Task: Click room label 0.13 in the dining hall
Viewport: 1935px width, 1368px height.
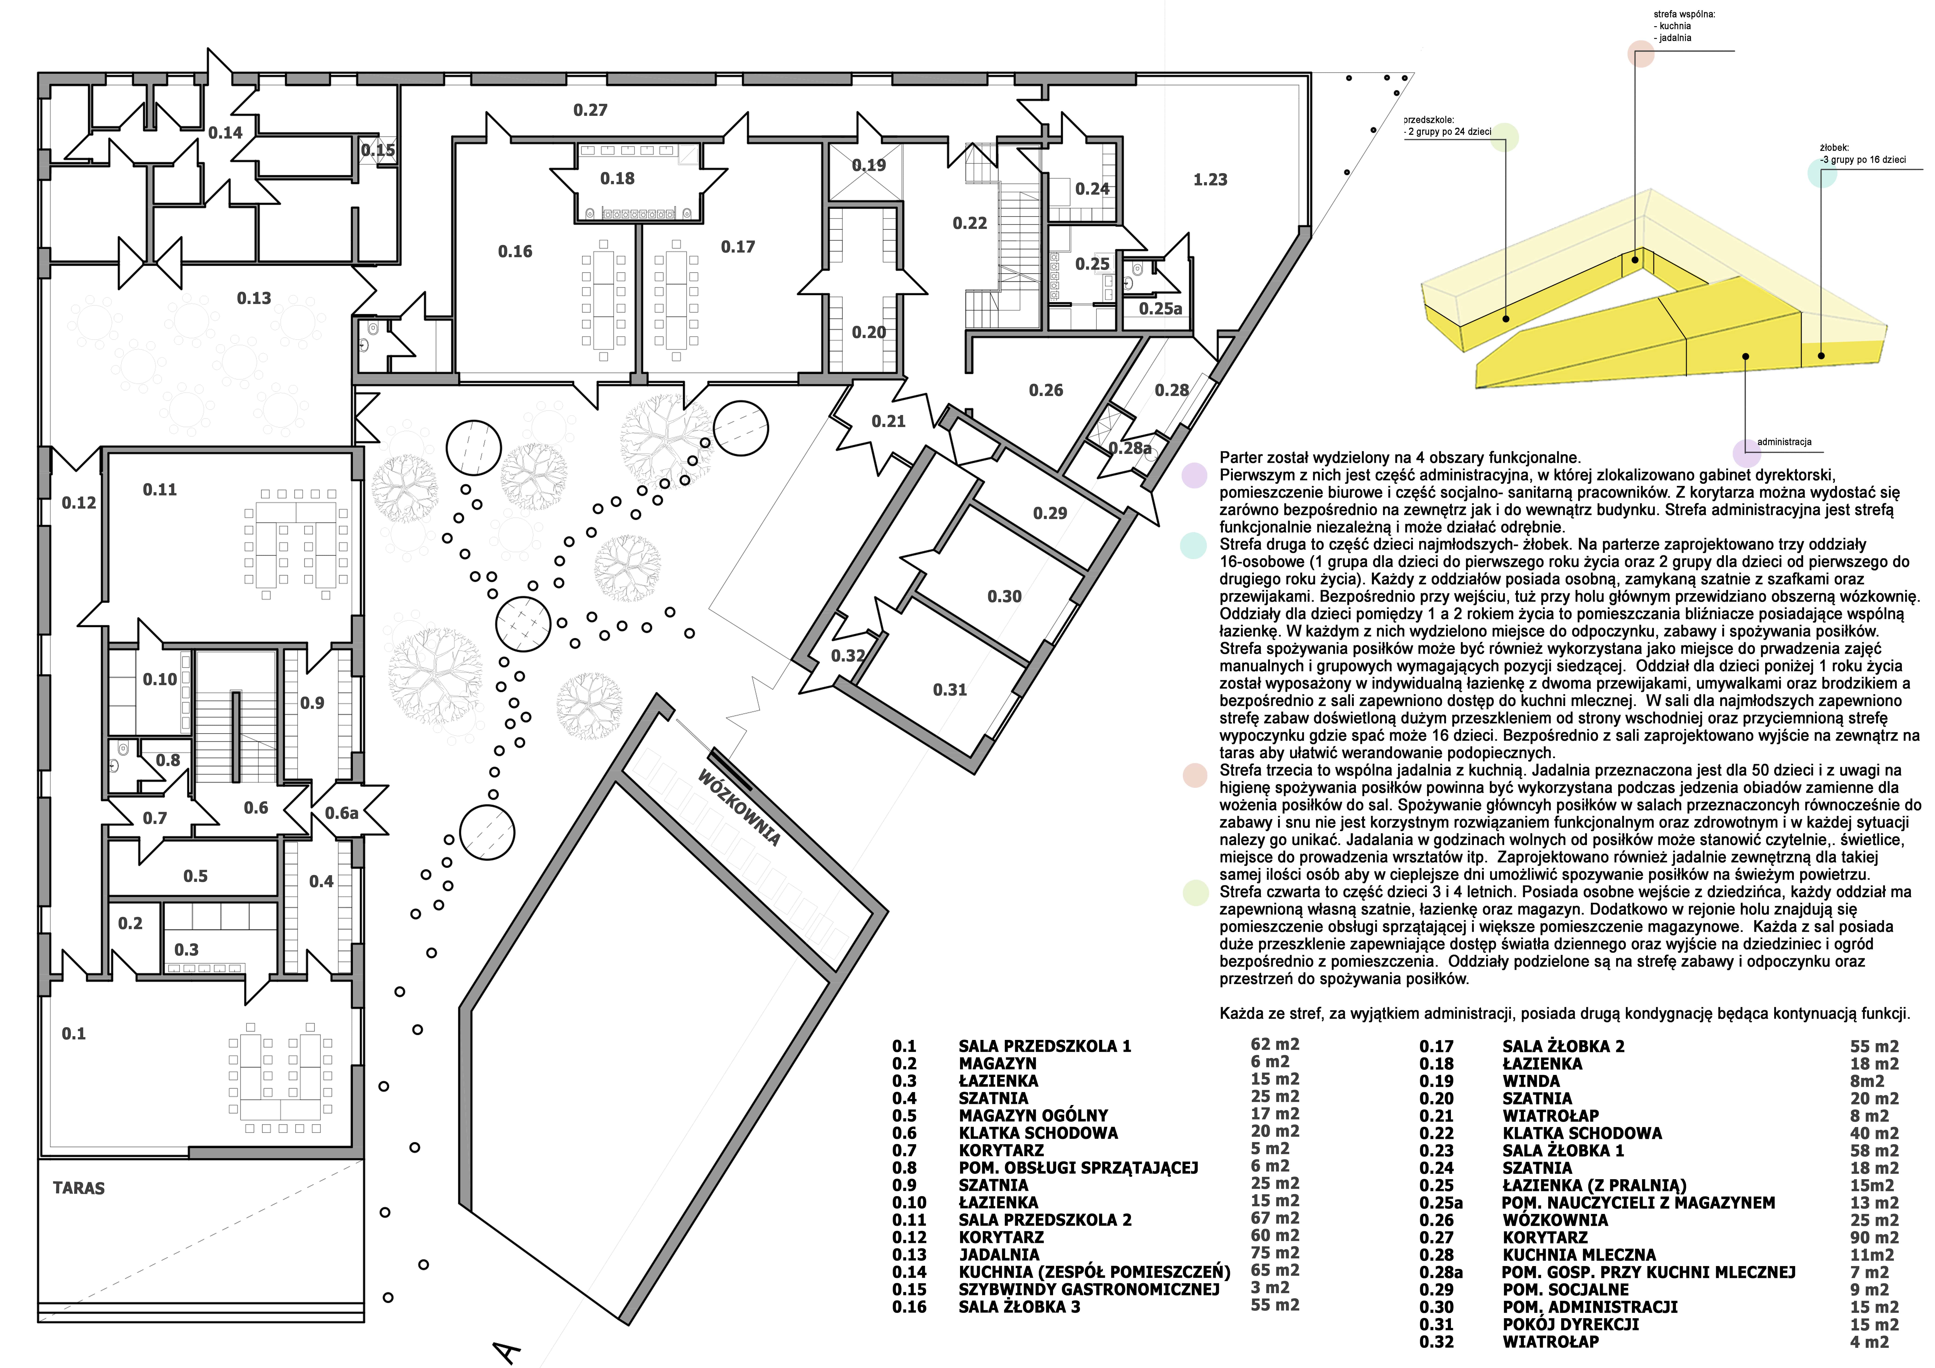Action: (254, 298)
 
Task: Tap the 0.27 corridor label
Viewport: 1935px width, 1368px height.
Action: (590, 111)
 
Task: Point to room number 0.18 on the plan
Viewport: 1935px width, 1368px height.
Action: (617, 179)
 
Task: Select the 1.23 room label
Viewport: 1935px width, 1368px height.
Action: (1210, 180)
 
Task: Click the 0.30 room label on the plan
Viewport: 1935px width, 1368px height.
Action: (1005, 597)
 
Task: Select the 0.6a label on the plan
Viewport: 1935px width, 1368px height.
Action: (341, 813)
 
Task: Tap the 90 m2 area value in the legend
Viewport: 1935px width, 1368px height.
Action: (1874, 1237)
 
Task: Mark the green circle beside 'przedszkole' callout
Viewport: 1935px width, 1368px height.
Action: (1504, 137)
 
